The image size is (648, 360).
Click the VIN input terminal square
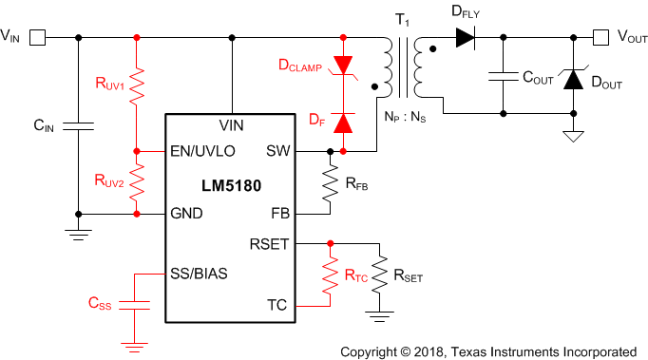click(x=38, y=38)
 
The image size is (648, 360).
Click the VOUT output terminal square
click(x=600, y=38)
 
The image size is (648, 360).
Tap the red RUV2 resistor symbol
click(x=137, y=182)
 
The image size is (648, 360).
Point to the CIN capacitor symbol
click(x=78, y=125)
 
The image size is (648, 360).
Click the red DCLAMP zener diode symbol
click(x=343, y=65)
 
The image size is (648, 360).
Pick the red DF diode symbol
click(x=343, y=123)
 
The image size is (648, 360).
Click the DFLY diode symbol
click(x=465, y=38)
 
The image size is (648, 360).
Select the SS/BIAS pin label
click(x=198, y=274)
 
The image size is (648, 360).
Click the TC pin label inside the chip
click(x=276, y=305)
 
